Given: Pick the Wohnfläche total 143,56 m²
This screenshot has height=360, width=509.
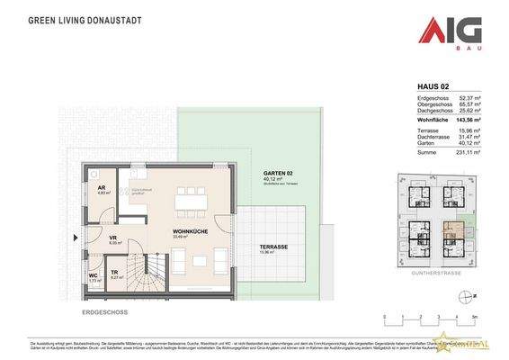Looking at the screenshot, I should coord(467,120).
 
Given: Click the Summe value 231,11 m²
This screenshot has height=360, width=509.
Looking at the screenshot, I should coord(468,152).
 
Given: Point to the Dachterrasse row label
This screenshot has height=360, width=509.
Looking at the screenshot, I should coord(433,137).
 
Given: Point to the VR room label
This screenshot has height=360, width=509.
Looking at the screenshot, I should coord(112,237).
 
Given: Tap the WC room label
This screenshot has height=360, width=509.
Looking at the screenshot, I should coord(93,276).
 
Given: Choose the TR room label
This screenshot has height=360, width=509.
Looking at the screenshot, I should coord(114,273).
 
